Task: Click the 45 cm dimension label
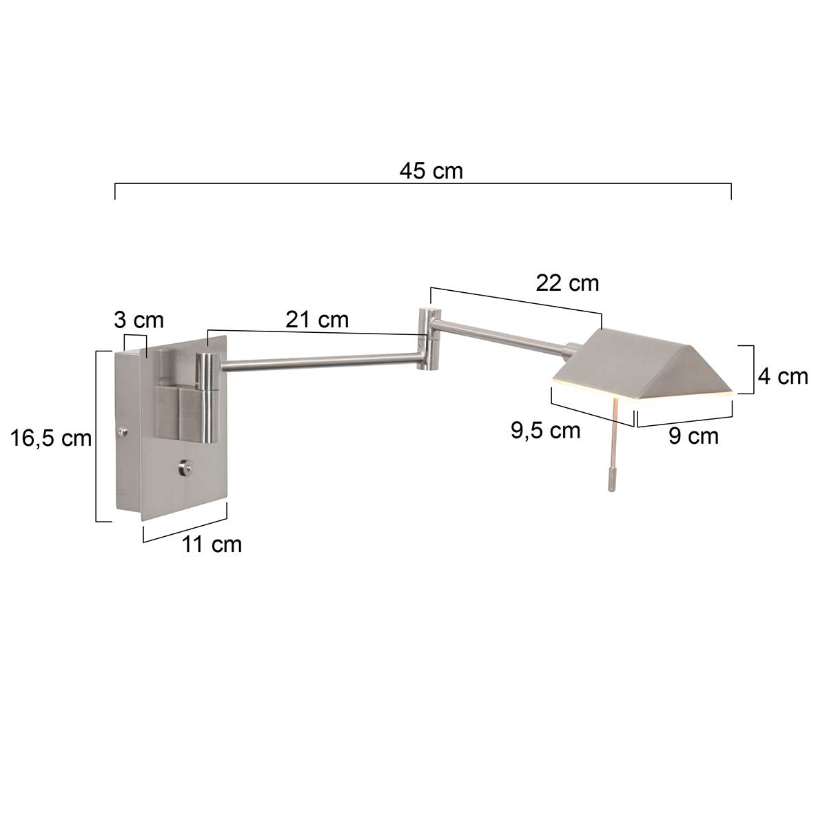pyautogui.click(x=431, y=171)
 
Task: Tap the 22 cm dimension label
pyautogui.click(x=567, y=283)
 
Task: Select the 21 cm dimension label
pyautogui.click(x=318, y=319)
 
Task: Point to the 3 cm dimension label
pyautogui.click(x=139, y=320)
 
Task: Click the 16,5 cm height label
pyautogui.click(x=51, y=438)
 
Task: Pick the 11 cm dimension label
pyautogui.click(x=212, y=544)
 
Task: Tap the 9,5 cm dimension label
pyautogui.click(x=546, y=431)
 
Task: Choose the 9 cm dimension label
pyautogui.click(x=693, y=436)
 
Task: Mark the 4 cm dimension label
pyautogui.click(x=782, y=376)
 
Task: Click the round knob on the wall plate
pyautogui.click(x=185, y=468)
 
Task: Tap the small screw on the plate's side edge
pyautogui.click(x=123, y=432)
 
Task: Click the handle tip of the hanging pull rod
pyautogui.click(x=610, y=480)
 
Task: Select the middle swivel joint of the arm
pyautogui.click(x=428, y=340)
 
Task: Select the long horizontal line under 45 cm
pyautogui.click(x=422, y=184)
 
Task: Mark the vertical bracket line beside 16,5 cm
pyautogui.click(x=96, y=436)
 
